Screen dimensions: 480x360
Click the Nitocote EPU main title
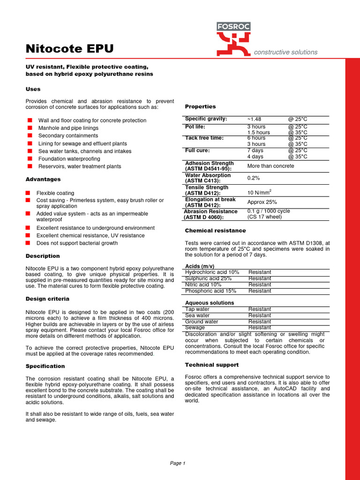[69, 49]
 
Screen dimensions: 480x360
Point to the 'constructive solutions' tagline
[285, 52]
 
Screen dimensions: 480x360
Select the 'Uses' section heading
[33, 89]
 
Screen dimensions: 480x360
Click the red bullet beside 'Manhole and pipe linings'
[29, 128]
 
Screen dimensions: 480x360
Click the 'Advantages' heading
[43, 179]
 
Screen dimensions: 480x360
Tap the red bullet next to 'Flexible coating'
[28, 193]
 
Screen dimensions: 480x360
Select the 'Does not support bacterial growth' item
[77, 243]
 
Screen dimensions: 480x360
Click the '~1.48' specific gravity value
[254, 119]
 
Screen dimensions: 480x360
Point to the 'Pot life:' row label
[195, 127]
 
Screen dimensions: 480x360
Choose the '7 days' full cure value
[255, 150]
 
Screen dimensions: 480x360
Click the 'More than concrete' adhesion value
[270, 166]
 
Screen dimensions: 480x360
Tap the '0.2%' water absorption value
[253, 178]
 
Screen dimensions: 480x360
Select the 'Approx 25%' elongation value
[262, 202]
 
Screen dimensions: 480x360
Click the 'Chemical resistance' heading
[215, 231]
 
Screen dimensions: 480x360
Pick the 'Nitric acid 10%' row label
[203, 285]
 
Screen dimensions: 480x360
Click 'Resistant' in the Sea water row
[260, 315]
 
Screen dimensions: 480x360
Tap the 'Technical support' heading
[211, 365]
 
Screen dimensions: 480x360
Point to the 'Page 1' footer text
[178, 463]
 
